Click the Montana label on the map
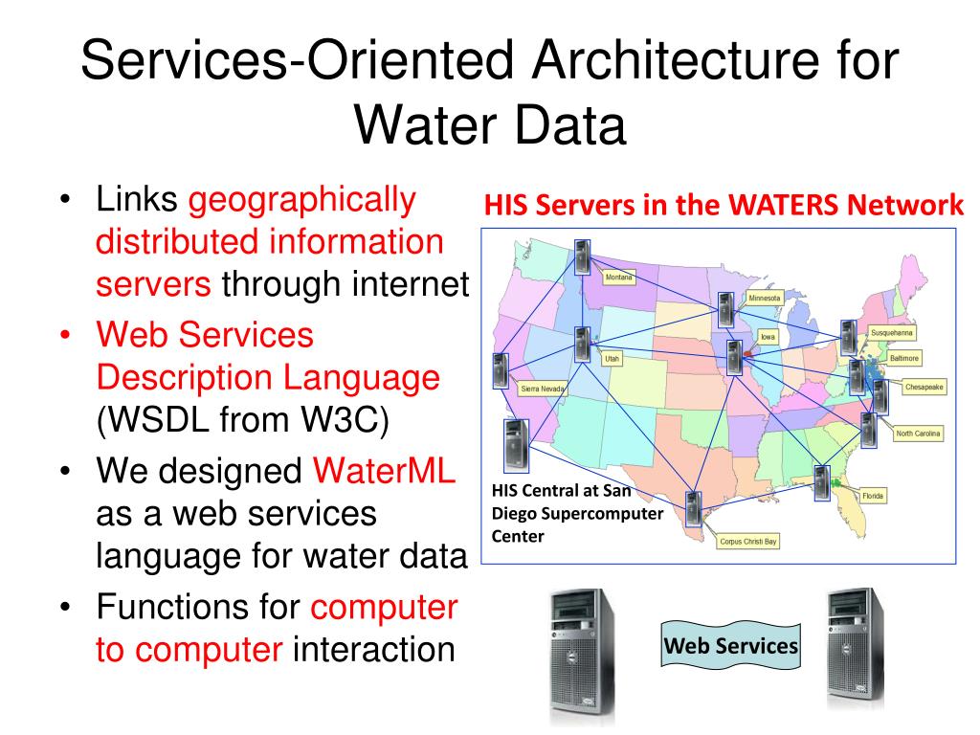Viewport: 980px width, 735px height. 619,278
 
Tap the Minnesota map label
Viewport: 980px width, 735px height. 765,298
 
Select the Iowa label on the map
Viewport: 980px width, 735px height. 768,337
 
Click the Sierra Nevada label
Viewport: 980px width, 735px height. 543,389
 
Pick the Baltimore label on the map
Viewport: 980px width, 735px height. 904,358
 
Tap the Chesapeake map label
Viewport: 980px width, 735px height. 924,388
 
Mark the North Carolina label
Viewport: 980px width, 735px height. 919,434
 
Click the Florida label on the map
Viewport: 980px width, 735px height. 872,496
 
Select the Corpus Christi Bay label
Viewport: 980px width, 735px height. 748,541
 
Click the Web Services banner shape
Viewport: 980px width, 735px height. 731,646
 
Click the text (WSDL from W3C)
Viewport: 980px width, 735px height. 241,420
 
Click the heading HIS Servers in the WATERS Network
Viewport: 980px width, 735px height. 723,205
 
